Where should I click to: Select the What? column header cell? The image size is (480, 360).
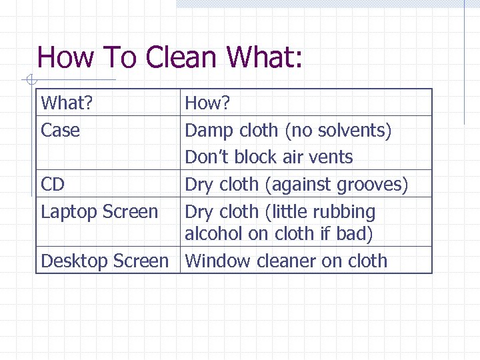tap(67, 103)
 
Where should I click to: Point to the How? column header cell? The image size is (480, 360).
tap(207, 103)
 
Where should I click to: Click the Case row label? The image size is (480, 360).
tap(60, 130)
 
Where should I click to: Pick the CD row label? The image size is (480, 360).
tap(53, 184)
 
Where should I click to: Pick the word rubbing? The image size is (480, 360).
tap(344, 212)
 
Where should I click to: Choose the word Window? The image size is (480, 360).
tap(215, 261)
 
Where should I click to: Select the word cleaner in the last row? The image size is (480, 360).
tap(284, 261)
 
